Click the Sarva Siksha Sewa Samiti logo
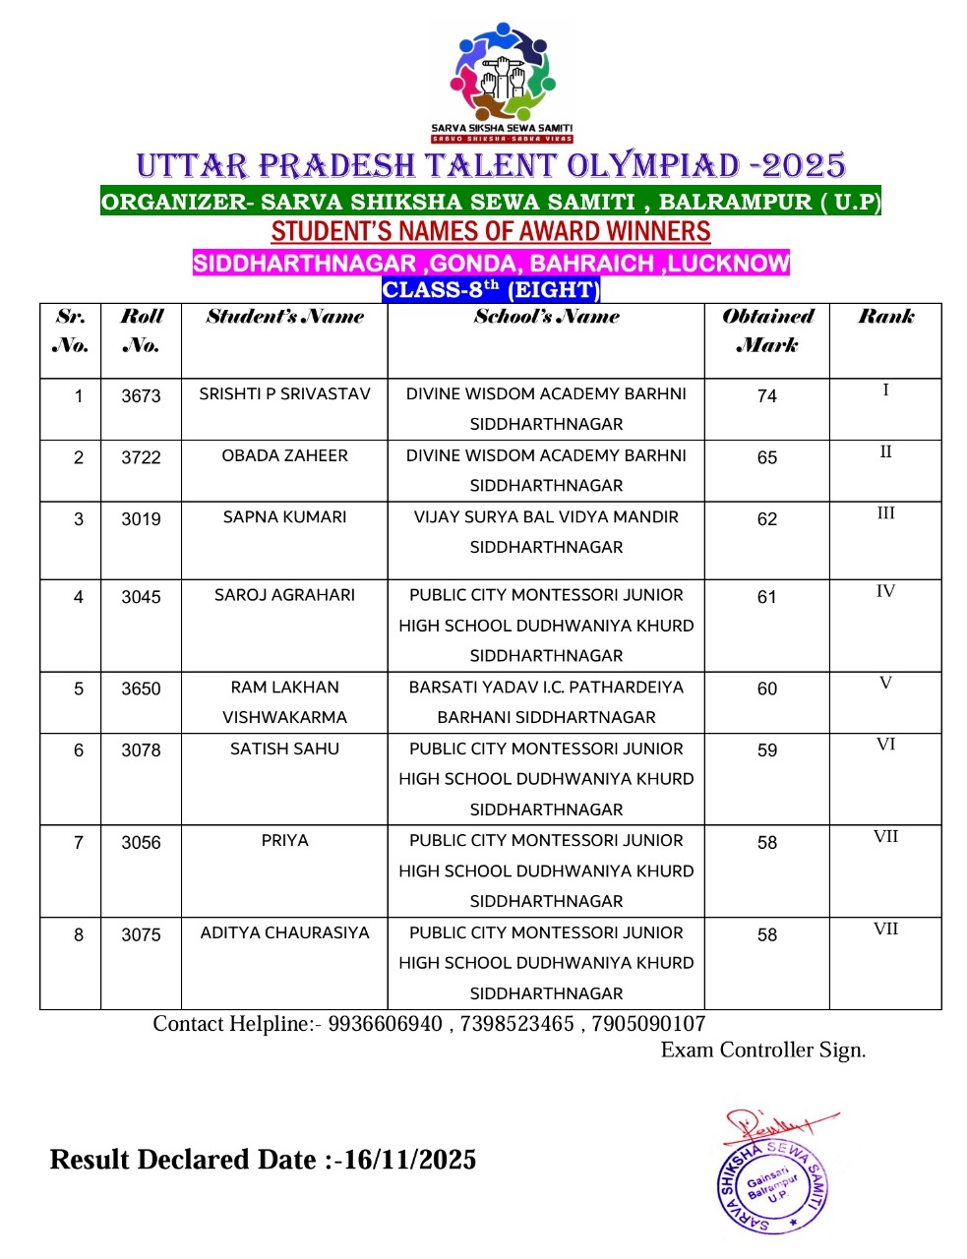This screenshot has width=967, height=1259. tap(502, 83)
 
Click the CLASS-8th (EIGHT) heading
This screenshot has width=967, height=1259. tap(491, 290)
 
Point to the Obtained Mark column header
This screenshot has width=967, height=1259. tap(767, 330)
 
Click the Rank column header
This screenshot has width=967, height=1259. tap(885, 317)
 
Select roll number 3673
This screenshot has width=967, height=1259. tap(141, 396)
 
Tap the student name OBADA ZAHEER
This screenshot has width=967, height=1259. tap(284, 455)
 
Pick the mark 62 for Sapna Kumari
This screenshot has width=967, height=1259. tap(767, 519)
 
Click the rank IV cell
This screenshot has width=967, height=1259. tap(885, 591)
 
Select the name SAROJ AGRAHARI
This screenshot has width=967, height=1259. tap(284, 595)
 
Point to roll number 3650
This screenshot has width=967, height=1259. tap(141, 689)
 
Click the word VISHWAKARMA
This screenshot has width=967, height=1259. tap(284, 718)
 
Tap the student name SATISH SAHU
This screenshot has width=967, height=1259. tap(284, 749)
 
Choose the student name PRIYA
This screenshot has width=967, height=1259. tap(284, 841)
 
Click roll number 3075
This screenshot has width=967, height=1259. tap(141, 935)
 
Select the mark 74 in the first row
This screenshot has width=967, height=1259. tap(767, 396)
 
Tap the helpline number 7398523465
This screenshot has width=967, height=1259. tap(516, 1024)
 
